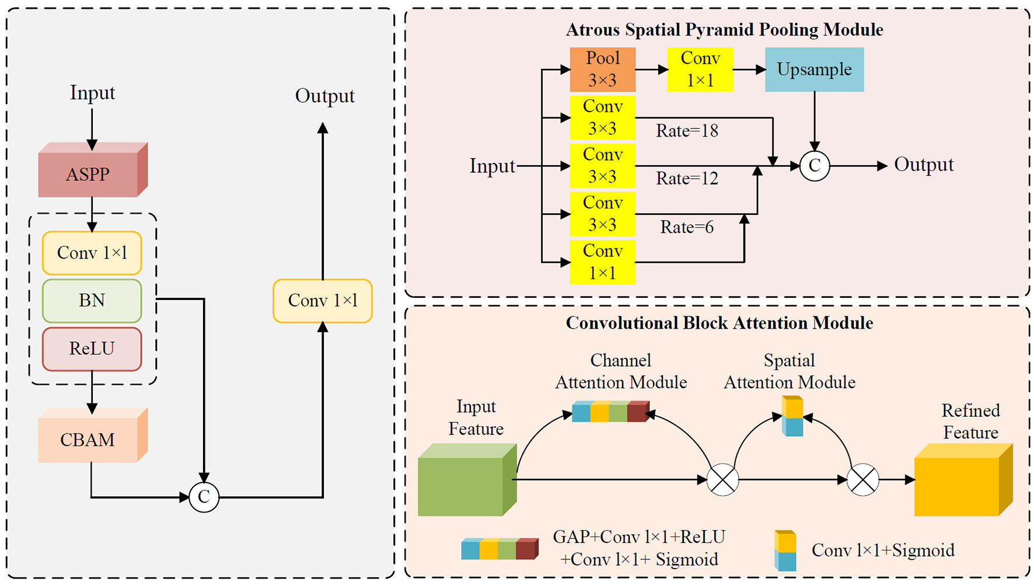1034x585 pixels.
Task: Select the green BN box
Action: click(x=92, y=301)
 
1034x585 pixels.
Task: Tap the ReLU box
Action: click(x=92, y=349)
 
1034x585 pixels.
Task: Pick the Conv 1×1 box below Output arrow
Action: click(x=322, y=301)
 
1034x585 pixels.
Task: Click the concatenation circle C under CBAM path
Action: click(x=204, y=497)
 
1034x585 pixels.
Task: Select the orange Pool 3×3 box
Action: click(x=602, y=69)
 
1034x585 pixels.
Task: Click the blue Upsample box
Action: click(x=814, y=69)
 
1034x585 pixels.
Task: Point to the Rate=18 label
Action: click(x=687, y=131)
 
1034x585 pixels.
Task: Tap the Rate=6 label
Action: click(x=687, y=227)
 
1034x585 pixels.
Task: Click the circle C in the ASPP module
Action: click(x=814, y=166)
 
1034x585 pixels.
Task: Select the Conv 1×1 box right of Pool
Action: click(x=700, y=69)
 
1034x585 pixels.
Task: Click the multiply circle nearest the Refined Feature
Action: click(x=862, y=480)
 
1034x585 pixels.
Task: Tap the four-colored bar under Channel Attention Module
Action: click(x=610, y=412)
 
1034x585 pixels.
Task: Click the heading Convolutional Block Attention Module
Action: click(x=719, y=323)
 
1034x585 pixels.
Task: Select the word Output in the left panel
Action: click(x=324, y=96)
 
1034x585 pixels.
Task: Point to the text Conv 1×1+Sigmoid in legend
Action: click(x=882, y=550)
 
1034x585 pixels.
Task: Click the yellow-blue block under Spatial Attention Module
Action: click(x=792, y=416)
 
